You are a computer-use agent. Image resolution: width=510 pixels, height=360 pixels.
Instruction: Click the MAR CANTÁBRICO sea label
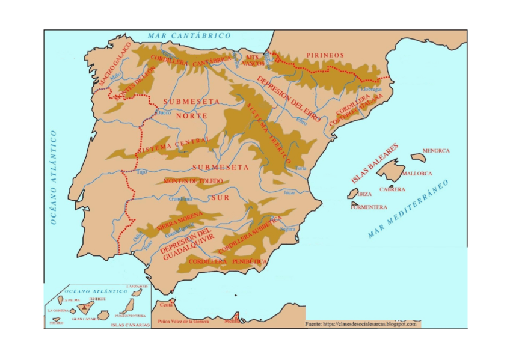(x=189, y=36)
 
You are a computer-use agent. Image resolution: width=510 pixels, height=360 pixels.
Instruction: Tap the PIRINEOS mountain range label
(x=325, y=55)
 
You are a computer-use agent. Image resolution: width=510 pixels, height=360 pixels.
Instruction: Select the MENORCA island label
(x=436, y=151)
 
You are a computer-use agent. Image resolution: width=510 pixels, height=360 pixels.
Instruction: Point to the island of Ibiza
(x=352, y=194)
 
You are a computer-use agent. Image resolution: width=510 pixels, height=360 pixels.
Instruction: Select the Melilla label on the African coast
(x=232, y=322)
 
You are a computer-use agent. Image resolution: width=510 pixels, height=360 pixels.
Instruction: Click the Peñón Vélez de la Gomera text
(x=183, y=322)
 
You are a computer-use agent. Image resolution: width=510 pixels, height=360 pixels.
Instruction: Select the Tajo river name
(x=142, y=172)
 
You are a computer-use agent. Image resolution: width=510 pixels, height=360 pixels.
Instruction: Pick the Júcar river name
(x=289, y=192)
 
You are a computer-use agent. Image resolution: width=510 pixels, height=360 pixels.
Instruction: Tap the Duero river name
(x=164, y=112)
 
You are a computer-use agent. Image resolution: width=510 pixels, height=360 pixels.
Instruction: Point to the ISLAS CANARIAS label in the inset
(x=129, y=325)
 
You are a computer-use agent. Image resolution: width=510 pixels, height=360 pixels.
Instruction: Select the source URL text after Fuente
(x=369, y=324)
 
